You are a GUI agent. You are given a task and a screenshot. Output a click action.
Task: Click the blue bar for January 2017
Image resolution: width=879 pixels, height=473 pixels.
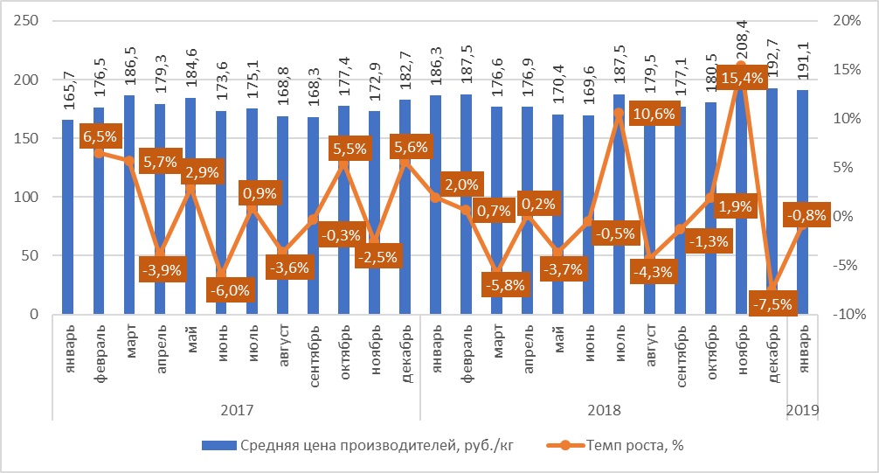point(68,217)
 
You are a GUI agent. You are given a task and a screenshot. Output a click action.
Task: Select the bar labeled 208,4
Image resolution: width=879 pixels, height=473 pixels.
point(742,191)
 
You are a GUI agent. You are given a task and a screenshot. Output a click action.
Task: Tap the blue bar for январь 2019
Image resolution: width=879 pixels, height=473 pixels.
point(803,202)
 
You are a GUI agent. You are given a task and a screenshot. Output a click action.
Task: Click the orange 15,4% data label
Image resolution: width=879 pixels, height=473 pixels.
point(742,78)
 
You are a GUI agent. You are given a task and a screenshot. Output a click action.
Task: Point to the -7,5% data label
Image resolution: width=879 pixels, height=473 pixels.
point(772,304)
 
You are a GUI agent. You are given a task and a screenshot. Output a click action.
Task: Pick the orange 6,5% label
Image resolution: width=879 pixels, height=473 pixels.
point(100,136)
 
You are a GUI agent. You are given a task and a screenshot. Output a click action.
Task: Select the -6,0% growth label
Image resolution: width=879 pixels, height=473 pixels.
point(230,290)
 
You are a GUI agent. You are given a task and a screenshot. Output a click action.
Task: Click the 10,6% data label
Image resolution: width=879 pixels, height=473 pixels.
point(654,114)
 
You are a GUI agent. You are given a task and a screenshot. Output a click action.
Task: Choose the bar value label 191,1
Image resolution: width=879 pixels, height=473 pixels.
point(803,68)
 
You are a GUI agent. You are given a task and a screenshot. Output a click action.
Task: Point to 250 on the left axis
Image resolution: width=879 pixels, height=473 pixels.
point(26,21)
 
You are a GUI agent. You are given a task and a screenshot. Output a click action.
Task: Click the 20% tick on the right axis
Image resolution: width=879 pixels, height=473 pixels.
point(847,21)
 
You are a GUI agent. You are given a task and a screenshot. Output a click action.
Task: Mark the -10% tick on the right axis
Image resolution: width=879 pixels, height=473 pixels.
point(849,314)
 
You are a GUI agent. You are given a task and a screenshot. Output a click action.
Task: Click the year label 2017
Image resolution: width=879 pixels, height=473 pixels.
point(237,410)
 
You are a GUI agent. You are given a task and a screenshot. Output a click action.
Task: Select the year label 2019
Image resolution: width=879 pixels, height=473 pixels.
point(803,410)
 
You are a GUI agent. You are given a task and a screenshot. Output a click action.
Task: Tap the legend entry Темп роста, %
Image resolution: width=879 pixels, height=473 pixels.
point(615,446)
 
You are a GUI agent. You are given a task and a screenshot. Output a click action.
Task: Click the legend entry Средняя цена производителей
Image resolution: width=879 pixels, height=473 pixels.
point(357,446)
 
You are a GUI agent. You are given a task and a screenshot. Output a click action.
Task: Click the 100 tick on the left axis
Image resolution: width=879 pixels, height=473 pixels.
point(26,197)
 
